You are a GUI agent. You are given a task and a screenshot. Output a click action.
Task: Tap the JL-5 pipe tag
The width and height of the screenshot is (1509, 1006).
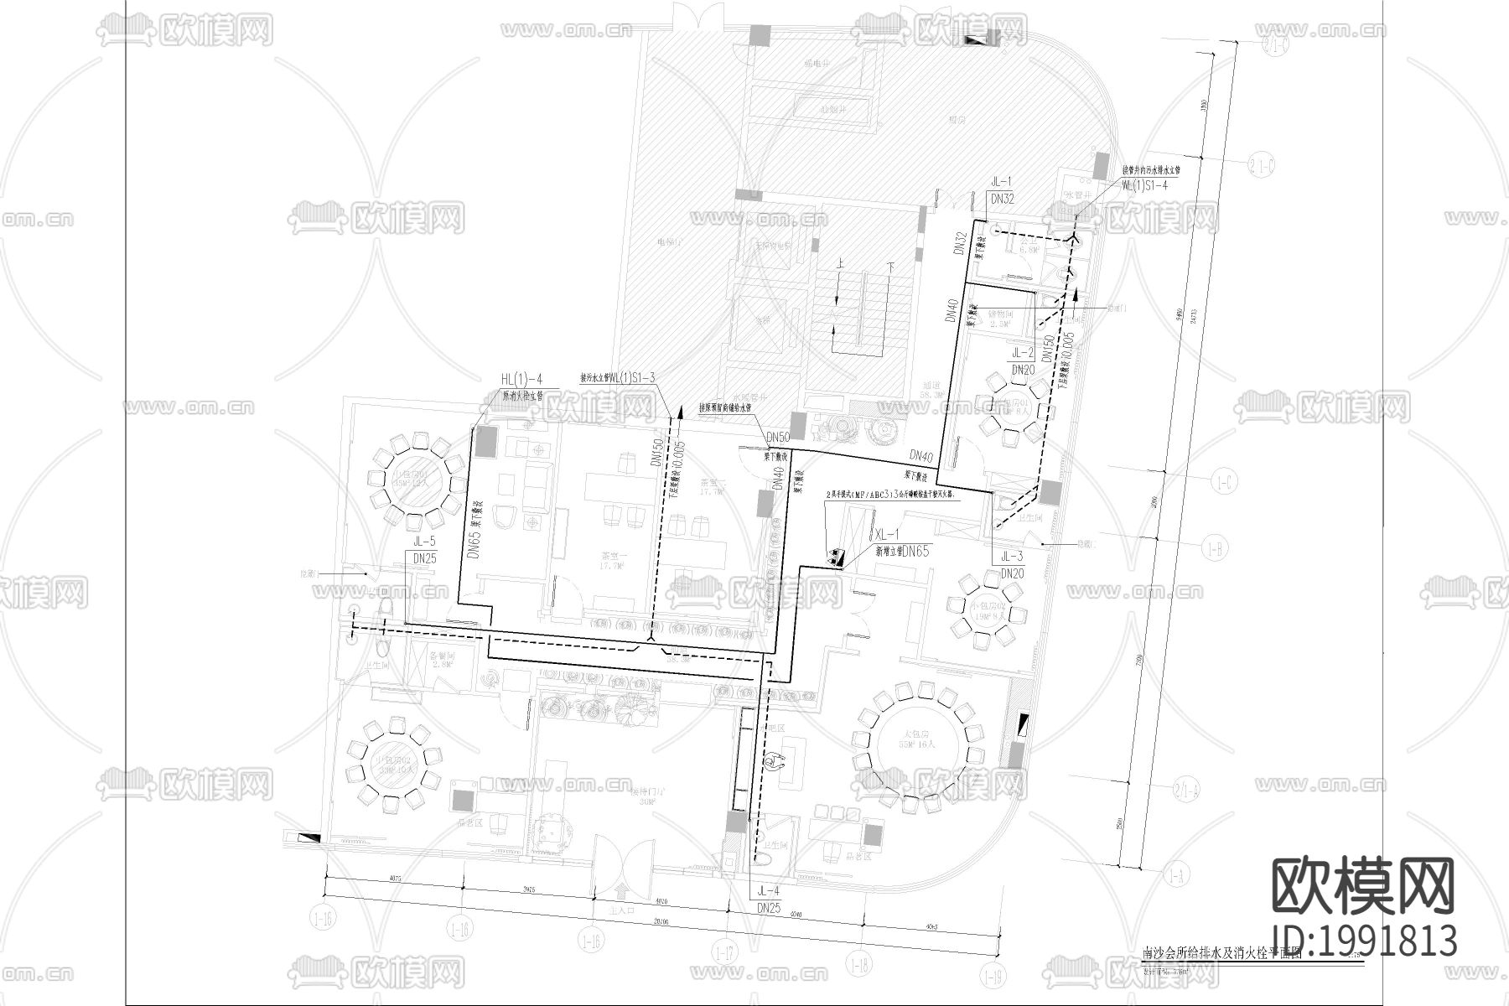[x=424, y=542]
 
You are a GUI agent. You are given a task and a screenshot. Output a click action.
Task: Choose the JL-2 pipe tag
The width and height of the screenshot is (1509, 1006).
[x=1023, y=353]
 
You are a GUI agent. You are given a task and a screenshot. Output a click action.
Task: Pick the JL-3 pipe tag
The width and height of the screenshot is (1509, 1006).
[x=1012, y=556]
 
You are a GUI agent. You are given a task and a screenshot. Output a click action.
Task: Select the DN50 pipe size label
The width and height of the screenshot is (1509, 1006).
[x=778, y=438]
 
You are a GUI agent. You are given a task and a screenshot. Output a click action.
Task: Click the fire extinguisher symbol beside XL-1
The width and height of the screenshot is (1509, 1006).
[x=836, y=556]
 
